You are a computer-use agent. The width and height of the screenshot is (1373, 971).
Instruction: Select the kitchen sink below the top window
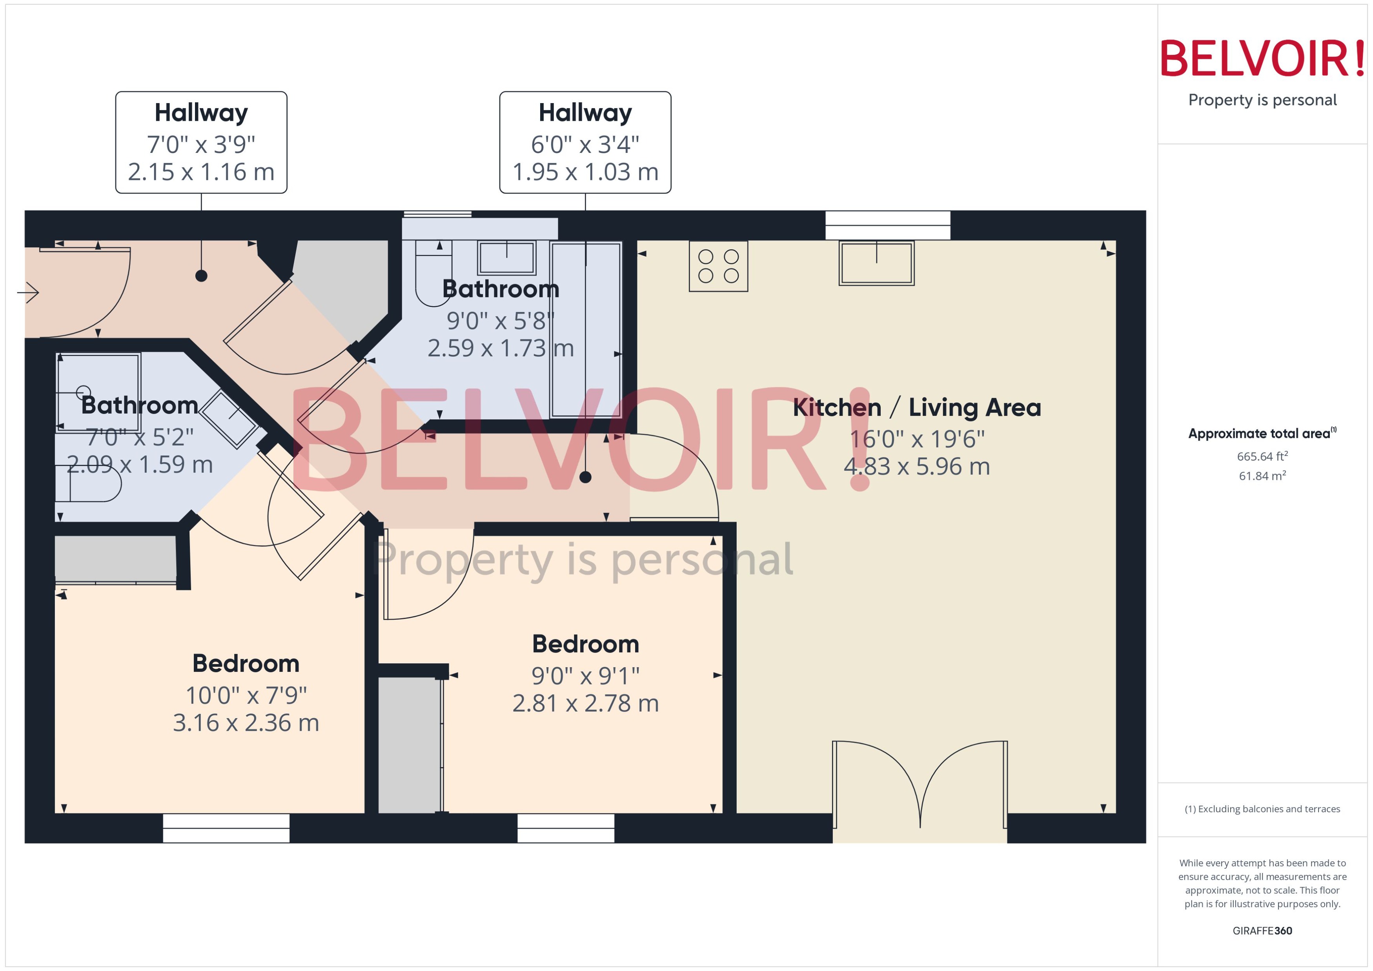click(876, 263)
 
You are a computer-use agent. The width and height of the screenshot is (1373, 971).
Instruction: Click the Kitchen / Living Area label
click(916, 408)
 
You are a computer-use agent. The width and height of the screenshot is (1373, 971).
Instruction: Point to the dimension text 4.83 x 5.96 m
click(916, 466)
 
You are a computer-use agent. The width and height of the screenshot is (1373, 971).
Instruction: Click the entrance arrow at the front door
click(28, 292)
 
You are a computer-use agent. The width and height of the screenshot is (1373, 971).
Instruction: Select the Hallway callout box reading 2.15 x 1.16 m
click(201, 142)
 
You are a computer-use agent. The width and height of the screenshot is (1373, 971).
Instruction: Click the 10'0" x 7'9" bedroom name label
click(246, 664)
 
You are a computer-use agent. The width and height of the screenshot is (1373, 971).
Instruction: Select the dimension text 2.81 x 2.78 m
click(585, 704)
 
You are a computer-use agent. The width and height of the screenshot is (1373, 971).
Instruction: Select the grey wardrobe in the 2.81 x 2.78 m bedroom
click(409, 744)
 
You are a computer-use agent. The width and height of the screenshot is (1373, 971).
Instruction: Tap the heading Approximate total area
click(1259, 434)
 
